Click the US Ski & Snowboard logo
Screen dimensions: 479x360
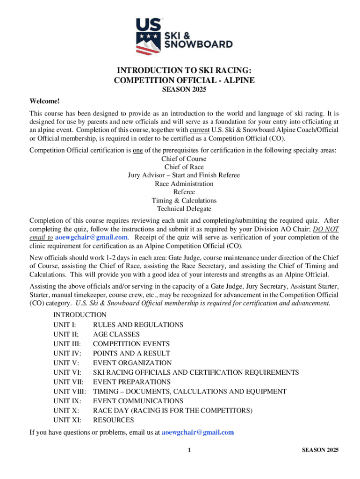coord(184,36)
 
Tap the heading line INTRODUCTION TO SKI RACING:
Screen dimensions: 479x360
coord(184,71)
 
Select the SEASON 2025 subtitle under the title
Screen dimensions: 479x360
coord(184,90)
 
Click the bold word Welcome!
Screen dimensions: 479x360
coord(45,101)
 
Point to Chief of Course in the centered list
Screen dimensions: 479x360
coord(184,159)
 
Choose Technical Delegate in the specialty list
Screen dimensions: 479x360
coord(184,209)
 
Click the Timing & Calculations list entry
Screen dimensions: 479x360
coord(184,200)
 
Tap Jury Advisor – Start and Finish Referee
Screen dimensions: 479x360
coord(184,175)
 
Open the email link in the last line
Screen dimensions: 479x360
coord(197,432)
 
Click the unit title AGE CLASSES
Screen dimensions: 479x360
coord(116,334)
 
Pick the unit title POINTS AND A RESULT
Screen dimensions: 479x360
coord(131,353)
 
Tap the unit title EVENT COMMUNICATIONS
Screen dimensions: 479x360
coord(138,401)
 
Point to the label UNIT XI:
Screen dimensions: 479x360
coord(67,420)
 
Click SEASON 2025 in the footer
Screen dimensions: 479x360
coord(320,450)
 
